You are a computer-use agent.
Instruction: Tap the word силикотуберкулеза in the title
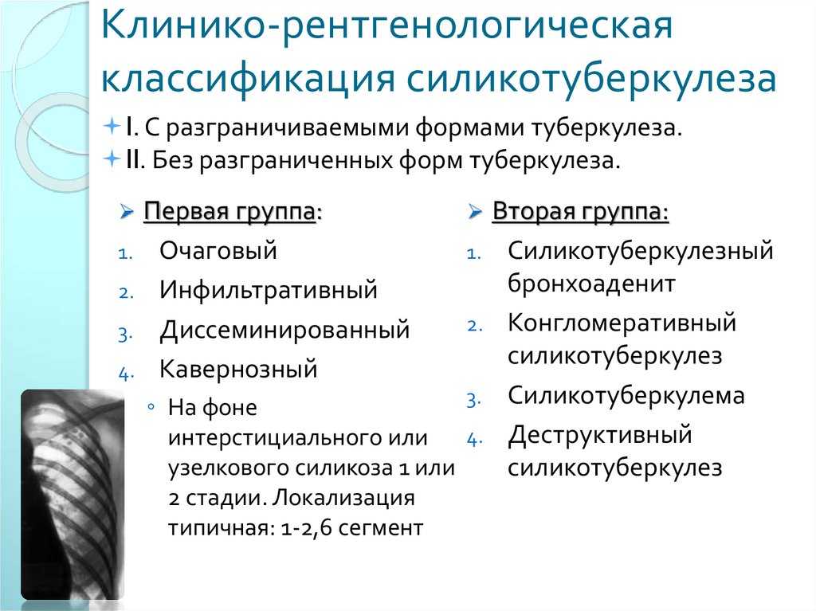tap(592, 80)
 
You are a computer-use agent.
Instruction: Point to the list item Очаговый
tap(218, 251)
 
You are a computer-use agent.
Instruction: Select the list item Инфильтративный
tap(269, 289)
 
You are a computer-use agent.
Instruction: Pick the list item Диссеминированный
tap(284, 329)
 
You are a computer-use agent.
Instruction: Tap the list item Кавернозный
tap(238, 368)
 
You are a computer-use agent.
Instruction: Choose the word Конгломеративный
tap(622, 323)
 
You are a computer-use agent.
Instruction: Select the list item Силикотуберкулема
tap(626, 395)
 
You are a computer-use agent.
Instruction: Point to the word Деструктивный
tap(600, 435)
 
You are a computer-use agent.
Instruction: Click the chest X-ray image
tap(73, 494)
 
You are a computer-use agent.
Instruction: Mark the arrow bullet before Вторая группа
tap(474, 213)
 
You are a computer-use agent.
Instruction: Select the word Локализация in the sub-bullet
tap(343, 498)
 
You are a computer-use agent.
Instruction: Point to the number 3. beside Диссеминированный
tap(123, 333)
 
